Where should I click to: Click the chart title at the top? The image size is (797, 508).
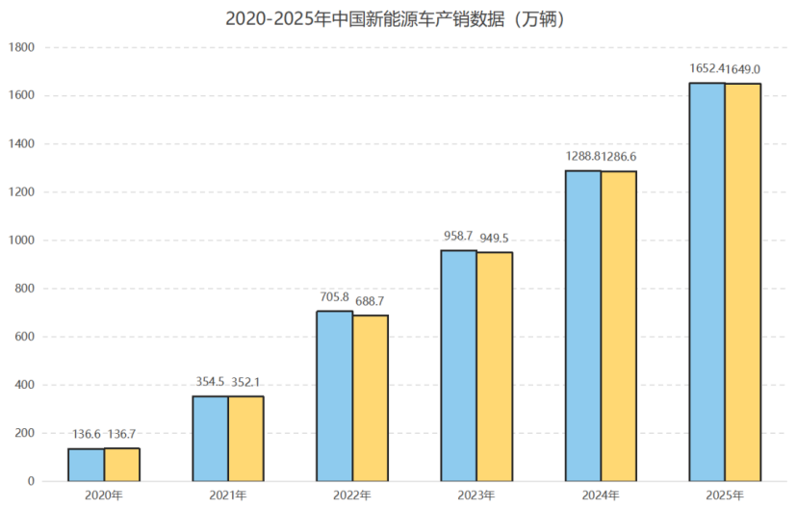coord(398,18)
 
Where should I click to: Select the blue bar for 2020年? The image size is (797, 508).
coord(86,465)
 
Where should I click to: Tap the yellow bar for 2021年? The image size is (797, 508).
coord(245,439)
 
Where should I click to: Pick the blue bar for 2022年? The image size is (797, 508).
coord(335,395)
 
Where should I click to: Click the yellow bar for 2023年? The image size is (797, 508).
coord(494,367)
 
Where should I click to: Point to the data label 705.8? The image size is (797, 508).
coord(335,297)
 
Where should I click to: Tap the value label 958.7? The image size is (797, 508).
coord(458,236)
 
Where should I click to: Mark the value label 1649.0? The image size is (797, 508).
coord(742,69)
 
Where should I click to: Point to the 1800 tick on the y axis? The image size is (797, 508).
coord(20,47)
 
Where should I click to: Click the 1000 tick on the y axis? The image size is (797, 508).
coord(20,241)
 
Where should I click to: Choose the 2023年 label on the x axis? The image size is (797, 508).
coord(476,495)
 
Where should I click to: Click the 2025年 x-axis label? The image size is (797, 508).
coord(724,495)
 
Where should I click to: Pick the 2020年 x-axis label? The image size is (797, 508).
coord(104,495)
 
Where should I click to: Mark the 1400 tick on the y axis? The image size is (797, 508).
coord(20,144)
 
